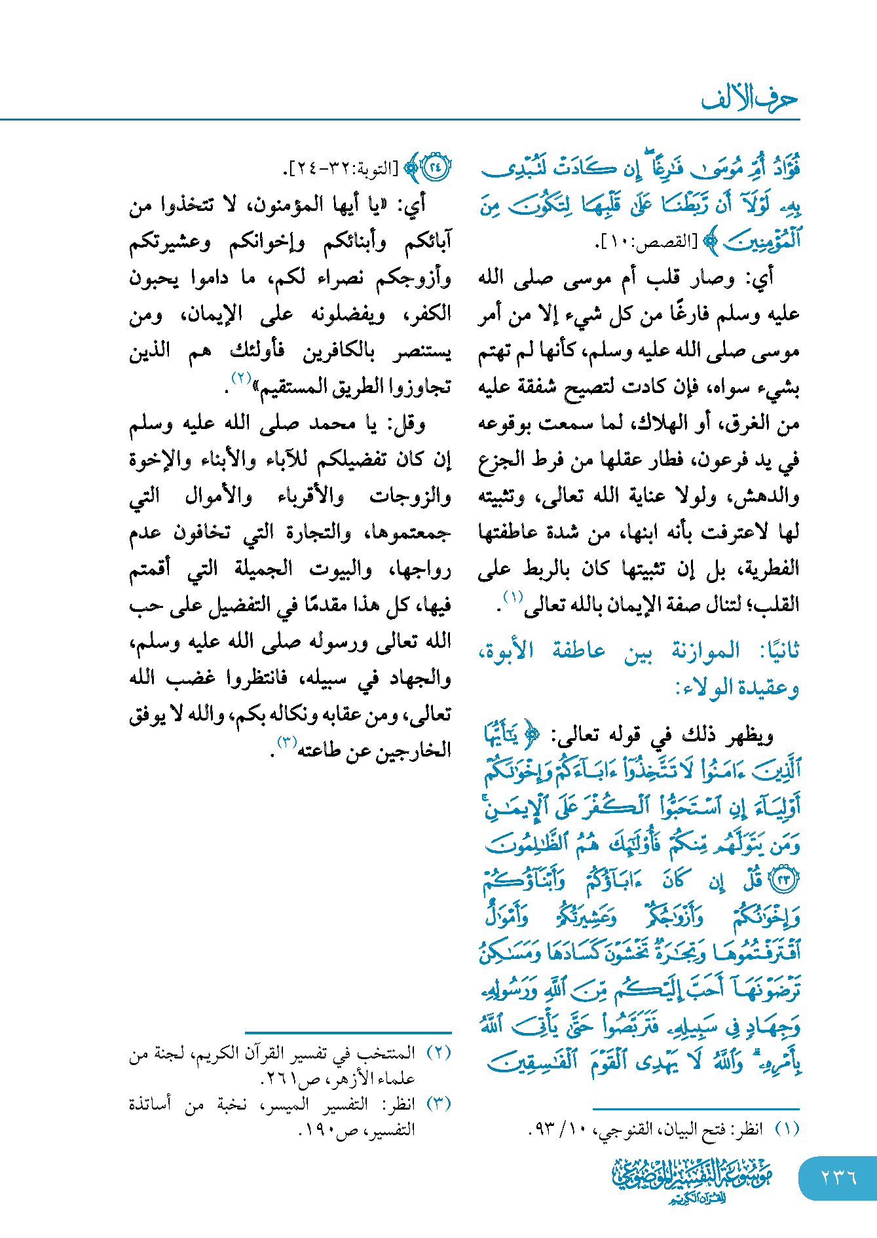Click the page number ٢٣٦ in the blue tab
click(839, 1177)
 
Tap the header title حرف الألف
click(750, 99)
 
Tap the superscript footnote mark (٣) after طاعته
click(287, 742)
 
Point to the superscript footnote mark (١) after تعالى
click(513, 597)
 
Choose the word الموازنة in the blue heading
click(706, 651)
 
